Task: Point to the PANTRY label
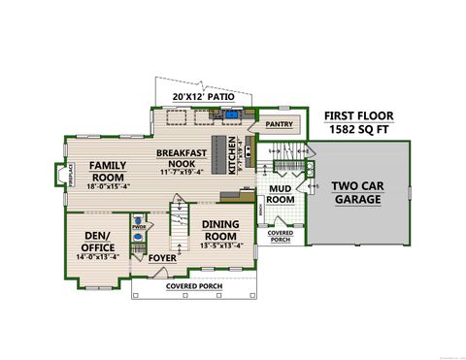(279, 124)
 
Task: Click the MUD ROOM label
(281, 193)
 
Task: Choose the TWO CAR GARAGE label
(359, 191)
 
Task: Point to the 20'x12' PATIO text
(204, 97)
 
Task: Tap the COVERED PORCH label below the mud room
(280, 236)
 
